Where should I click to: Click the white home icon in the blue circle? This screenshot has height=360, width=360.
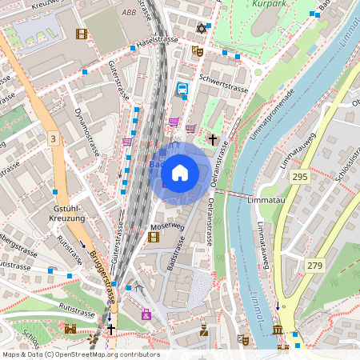click(180, 172)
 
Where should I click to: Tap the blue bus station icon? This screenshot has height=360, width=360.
click(182, 90)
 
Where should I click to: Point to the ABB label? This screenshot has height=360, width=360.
click(130, 14)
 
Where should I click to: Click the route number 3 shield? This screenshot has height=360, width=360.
click(53, 139)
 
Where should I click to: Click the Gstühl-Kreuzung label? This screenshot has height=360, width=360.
click(68, 213)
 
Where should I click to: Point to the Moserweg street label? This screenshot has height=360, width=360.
click(167, 226)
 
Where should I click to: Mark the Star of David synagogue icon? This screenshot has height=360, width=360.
click(201, 30)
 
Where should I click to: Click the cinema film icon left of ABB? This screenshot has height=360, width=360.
click(81, 34)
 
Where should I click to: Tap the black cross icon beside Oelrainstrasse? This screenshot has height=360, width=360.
click(213, 139)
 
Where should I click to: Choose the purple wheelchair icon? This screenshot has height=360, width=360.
click(146, 314)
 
